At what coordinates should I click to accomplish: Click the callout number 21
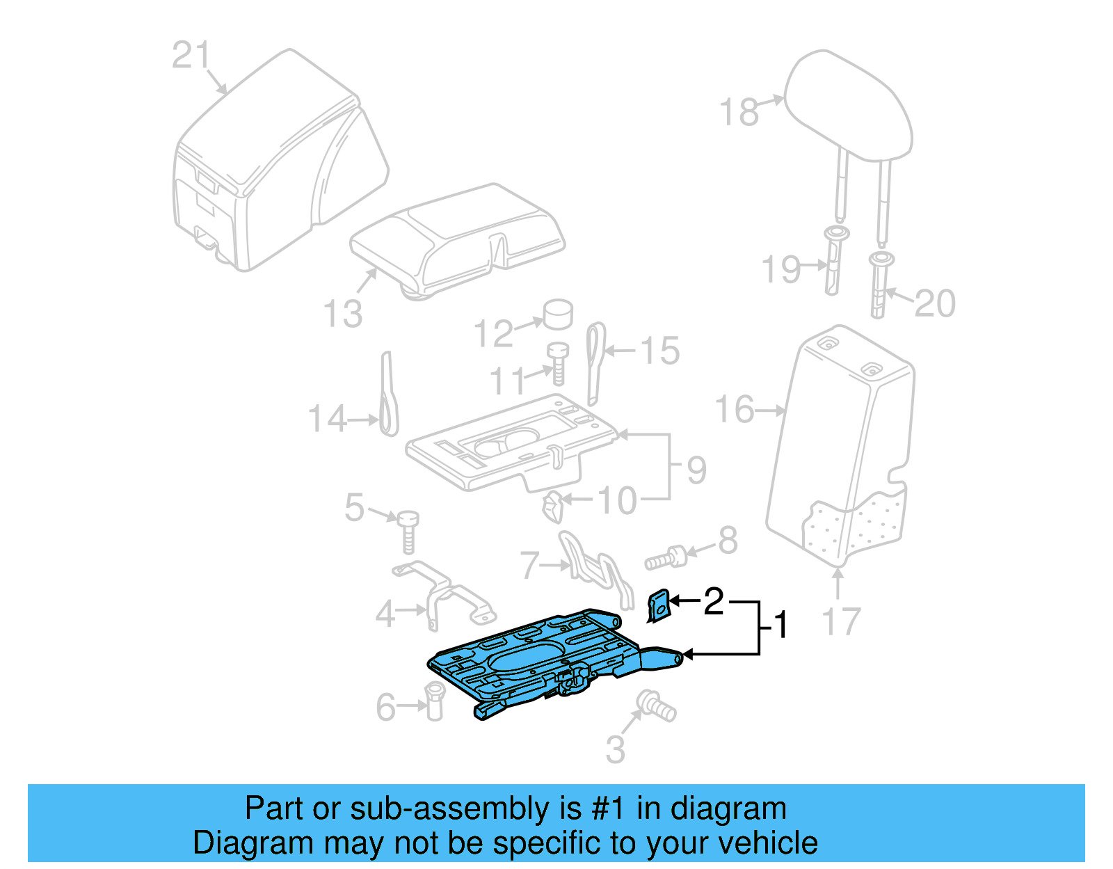[190, 55]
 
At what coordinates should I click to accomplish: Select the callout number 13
[343, 314]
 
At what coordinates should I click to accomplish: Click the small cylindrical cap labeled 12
[557, 314]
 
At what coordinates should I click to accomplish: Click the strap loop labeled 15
[595, 362]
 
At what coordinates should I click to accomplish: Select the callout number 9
[696, 470]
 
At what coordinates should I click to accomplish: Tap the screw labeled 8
[665, 558]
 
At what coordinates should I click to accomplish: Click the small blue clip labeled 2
[658, 605]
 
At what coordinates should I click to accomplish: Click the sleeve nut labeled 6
[434, 701]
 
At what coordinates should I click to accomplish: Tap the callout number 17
[841, 621]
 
